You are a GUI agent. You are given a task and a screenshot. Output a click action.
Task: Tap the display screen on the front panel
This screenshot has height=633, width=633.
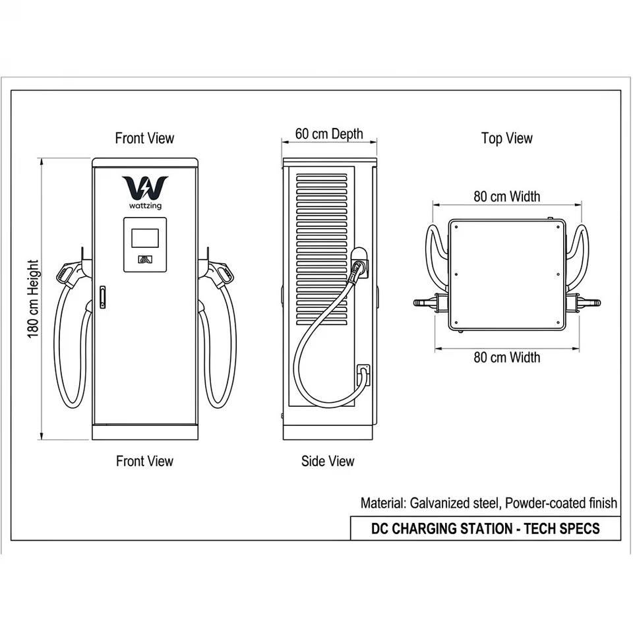coord(145,238)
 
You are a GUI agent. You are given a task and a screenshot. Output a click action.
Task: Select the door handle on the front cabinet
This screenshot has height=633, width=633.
coord(103,297)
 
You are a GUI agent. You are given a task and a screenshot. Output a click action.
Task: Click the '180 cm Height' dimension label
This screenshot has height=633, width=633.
coord(33,299)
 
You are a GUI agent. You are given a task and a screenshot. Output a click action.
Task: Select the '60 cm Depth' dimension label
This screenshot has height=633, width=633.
coord(329,134)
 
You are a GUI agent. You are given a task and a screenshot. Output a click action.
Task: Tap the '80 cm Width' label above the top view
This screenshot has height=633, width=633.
coord(506,196)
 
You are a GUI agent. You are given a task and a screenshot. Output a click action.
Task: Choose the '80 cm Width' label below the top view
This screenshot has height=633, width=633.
coord(506,357)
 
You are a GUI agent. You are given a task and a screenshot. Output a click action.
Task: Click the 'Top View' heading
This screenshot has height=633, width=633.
coord(506,138)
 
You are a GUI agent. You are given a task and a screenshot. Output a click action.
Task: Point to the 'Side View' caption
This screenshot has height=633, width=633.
coord(328,461)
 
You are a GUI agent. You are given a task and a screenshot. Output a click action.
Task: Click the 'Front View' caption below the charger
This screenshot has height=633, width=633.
coord(144,461)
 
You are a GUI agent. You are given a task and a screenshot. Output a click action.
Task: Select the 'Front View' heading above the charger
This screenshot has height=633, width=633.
coord(144,138)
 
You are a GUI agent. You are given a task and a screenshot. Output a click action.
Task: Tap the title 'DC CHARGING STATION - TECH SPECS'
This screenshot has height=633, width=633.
coord(485,528)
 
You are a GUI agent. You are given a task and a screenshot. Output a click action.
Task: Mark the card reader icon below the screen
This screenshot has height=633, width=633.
coord(144,259)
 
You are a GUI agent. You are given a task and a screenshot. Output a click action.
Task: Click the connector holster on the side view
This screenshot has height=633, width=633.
coord(359,262)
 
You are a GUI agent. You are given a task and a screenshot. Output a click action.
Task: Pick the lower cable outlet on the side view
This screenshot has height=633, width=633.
coord(363,375)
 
